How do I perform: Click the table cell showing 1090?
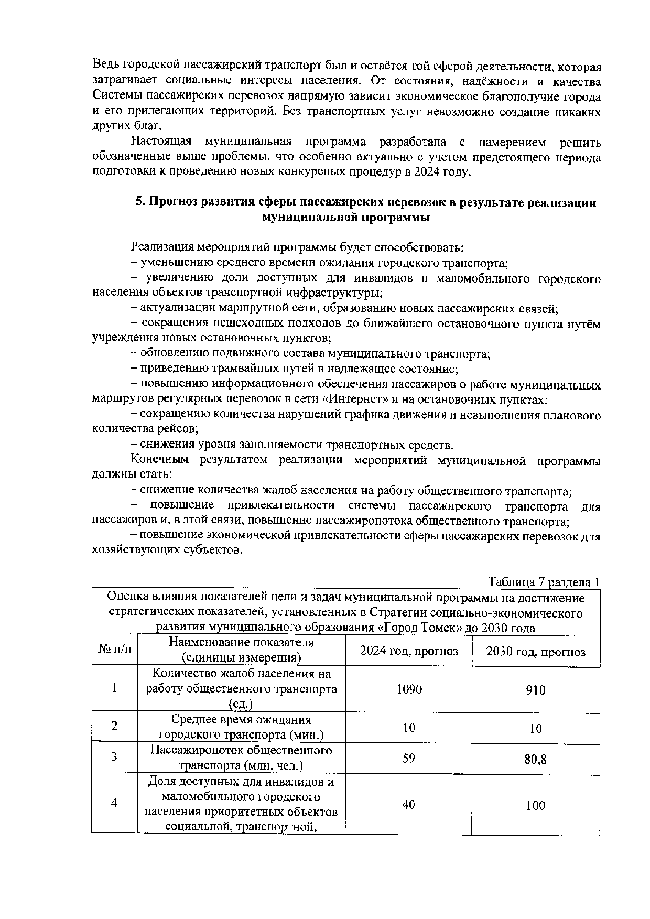[409, 689]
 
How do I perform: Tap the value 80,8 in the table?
[536, 759]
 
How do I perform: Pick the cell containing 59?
[409, 758]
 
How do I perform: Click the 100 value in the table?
[536, 805]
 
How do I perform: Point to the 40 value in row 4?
[409, 804]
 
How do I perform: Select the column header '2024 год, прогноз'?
[409, 651]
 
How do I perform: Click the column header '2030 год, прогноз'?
[536, 652]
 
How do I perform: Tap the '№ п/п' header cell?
[115, 650]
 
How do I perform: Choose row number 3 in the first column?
[114, 756]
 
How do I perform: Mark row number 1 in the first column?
[114, 688]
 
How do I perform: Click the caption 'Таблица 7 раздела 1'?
[544, 582]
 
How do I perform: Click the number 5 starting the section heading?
[139, 203]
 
